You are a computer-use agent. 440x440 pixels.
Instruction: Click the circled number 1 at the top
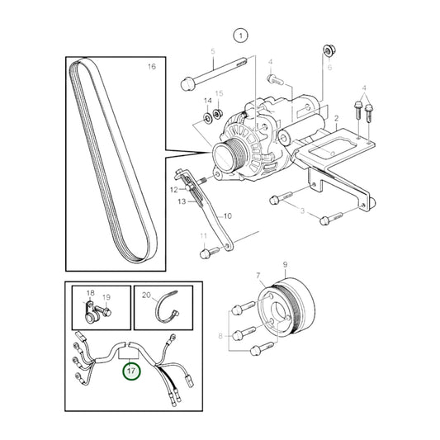point(240,35)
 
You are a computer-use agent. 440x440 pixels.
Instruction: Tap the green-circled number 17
point(131,371)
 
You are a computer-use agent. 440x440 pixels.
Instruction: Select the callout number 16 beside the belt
point(151,66)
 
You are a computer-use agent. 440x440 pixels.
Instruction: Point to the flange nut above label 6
point(329,51)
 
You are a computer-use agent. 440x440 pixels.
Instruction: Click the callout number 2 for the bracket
point(336,120)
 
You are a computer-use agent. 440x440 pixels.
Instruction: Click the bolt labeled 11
point(204,254)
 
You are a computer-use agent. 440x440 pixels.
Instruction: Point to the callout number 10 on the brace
point(228,215)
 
